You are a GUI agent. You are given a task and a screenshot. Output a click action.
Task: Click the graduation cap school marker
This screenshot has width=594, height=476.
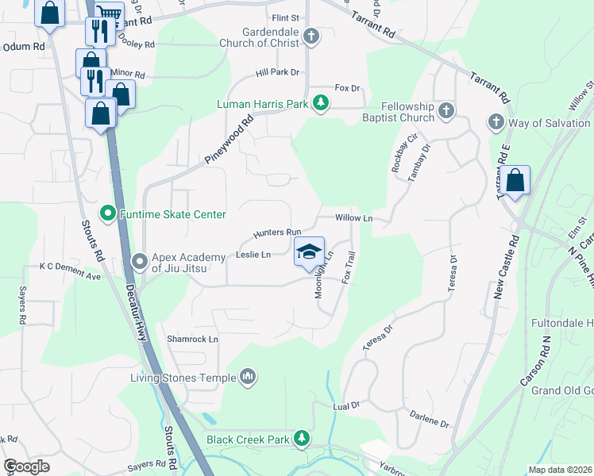click(310, 252)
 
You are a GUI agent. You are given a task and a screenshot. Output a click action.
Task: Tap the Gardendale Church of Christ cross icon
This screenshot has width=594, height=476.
click(311, 36)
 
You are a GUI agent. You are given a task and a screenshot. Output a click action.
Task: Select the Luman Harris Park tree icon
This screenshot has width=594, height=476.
click(320, 102)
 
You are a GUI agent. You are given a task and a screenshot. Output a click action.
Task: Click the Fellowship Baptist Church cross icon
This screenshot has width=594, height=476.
click(446, 110)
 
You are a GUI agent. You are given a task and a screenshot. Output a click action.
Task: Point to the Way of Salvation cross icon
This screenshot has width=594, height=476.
click(496, 122)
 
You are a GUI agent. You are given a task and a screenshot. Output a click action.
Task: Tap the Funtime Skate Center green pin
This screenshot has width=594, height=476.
click(108, 214)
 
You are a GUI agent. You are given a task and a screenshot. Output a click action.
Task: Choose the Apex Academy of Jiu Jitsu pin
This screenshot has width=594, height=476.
click(141, 260)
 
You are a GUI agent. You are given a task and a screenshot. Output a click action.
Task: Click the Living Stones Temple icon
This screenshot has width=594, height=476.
click(248, 376)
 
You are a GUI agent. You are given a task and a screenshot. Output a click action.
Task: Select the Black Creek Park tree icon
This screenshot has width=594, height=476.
click(301, 438)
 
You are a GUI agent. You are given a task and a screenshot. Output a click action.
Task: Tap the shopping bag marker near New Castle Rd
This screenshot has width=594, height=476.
click(515, 181)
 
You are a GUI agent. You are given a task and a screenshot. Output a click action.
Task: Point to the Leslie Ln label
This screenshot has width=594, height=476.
click(253, 255)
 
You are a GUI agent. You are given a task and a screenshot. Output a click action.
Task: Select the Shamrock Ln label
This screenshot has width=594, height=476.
click(192, 339)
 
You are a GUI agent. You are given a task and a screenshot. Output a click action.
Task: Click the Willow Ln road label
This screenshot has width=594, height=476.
click(354, 217)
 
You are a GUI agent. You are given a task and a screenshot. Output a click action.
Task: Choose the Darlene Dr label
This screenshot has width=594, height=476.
click(430, 418)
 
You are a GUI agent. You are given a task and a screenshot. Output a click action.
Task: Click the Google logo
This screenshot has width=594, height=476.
click(26, 466)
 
